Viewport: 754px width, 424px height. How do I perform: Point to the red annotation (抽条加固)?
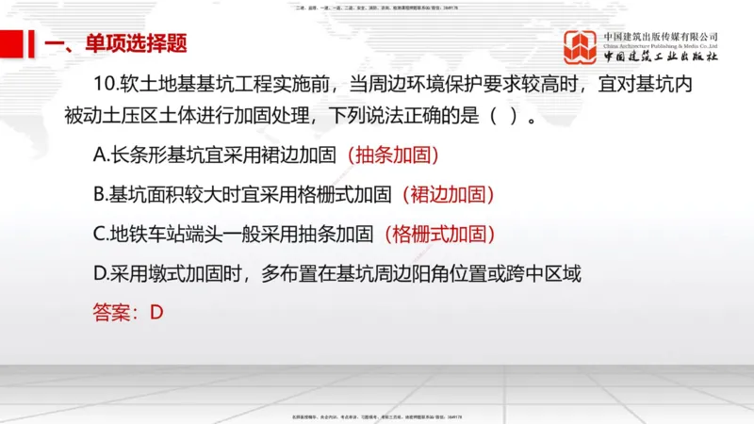(393, 155)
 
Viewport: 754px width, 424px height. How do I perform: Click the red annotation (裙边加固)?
(448, 195)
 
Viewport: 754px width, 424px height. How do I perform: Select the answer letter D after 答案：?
(157, 312)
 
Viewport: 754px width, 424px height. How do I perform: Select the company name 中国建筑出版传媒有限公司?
(661, 37)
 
